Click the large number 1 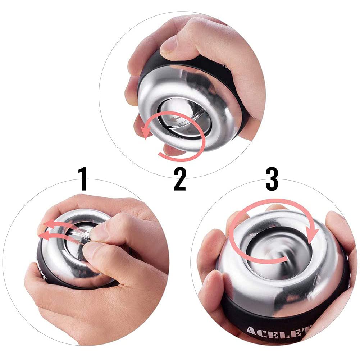[83, 179]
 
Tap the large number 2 [180, 179]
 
